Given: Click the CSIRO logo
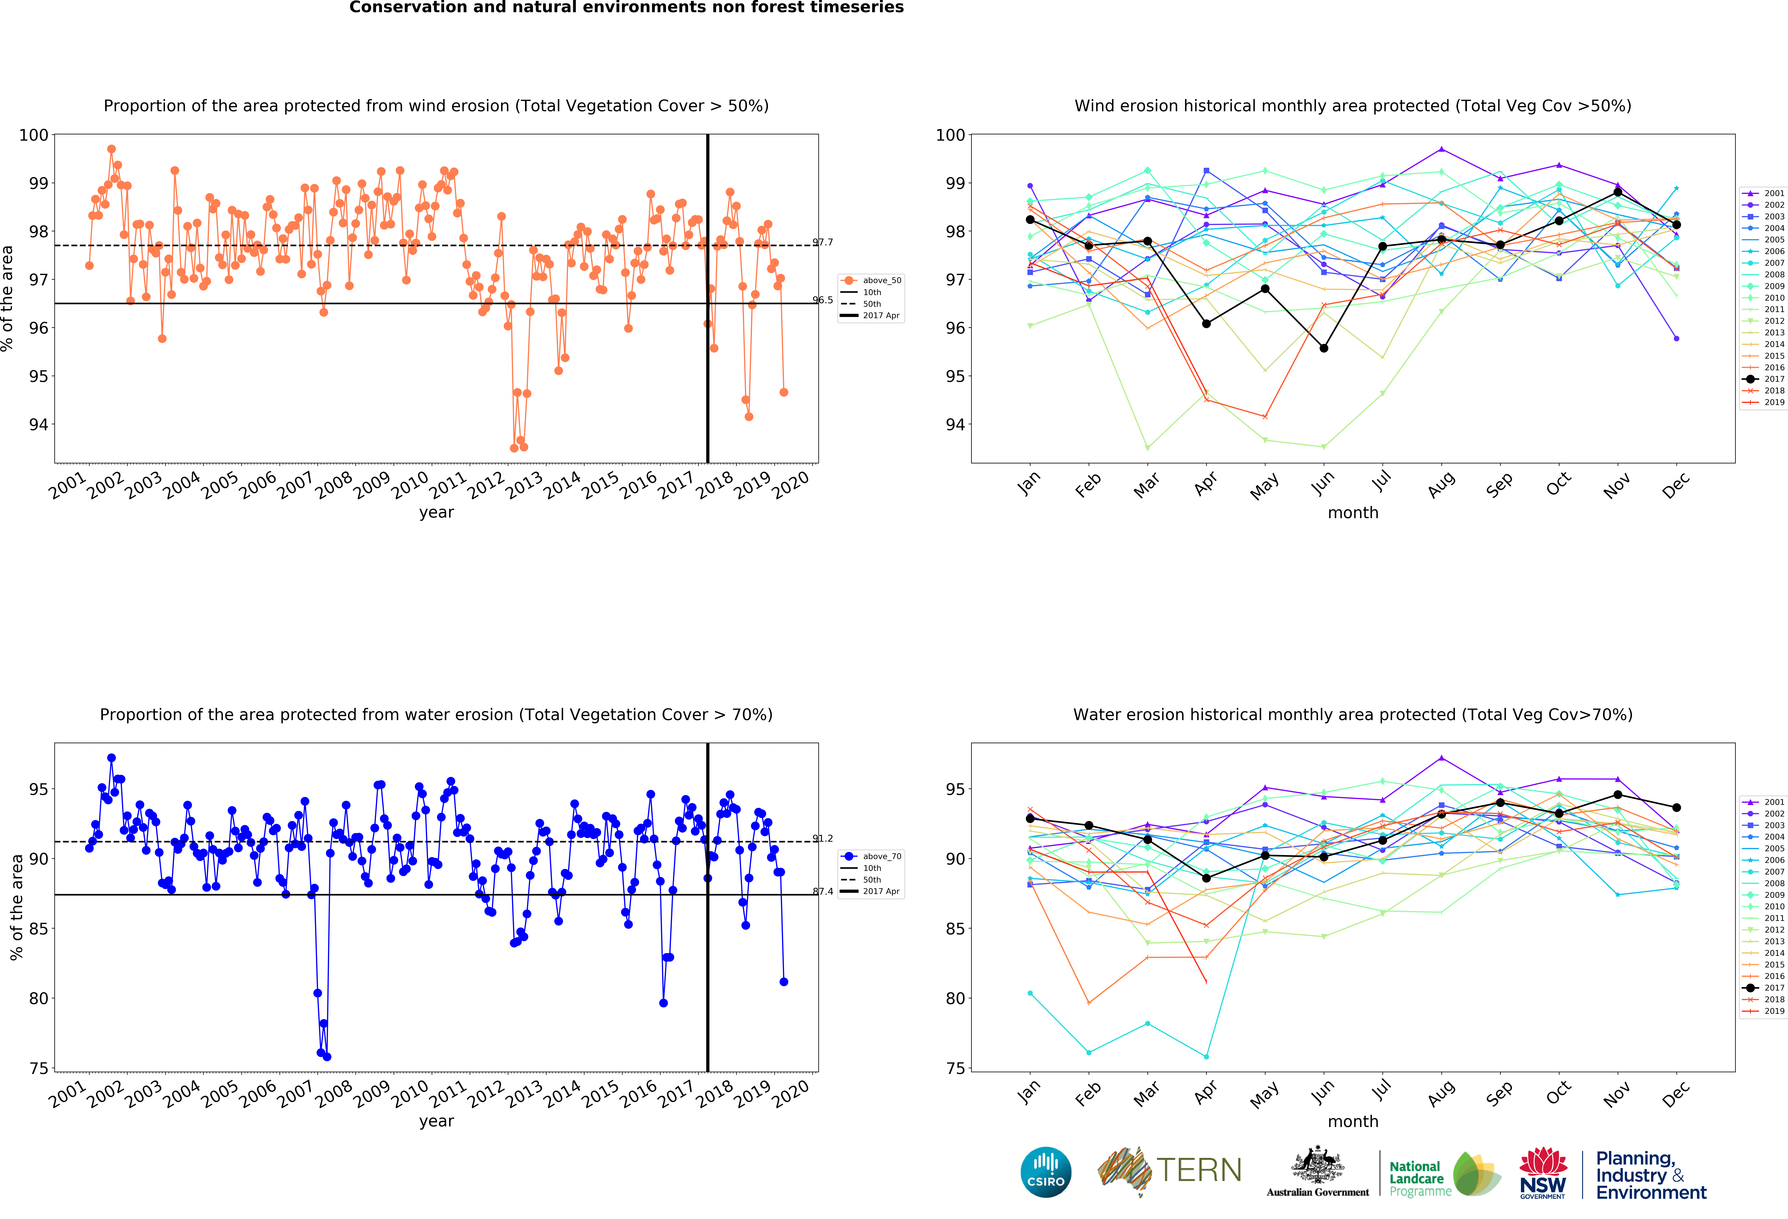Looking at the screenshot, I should (x=1046, y=1172).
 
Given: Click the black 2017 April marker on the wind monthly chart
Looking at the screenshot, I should (x=1206, y=324).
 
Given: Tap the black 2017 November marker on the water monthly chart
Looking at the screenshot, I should (x=1618, y=795).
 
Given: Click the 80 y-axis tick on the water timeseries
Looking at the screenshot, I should (x=39, y=998).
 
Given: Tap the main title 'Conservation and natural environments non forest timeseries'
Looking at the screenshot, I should (x=626, y=8).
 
